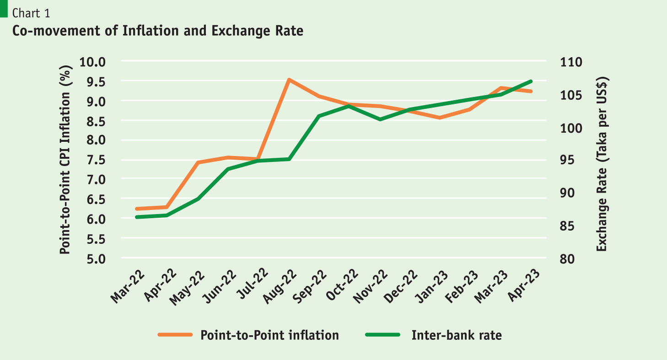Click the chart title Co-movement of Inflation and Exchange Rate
[x=158, y=31]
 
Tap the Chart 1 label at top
[x=32, y=13]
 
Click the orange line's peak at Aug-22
[x=289, y=80]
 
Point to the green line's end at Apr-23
[x=531, y=81]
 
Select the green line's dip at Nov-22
[x=380, y=119]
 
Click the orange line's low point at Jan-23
[x=440, y=118]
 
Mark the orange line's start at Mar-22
[x=137, y=209]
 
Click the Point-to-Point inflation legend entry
[x=269, y=335]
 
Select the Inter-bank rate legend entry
[x=456, y=335]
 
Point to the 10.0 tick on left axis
[x=93, y=62]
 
